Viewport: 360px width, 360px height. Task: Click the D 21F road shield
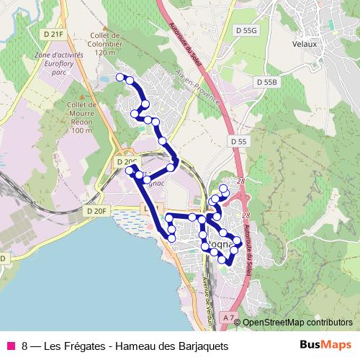point(53,34)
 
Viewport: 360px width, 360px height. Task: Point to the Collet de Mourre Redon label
point(82,117)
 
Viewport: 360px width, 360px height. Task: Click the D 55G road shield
point(246,30)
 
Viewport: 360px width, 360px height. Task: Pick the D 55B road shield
point(266,83)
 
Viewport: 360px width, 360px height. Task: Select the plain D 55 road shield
point(239,142)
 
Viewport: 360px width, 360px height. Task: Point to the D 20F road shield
point(96,211)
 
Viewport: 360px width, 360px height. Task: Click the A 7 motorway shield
point(229,318)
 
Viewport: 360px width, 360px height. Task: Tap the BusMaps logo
point(325,345)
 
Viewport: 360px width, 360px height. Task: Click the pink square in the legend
point(11,346)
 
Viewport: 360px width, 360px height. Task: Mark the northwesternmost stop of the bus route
point(120,77)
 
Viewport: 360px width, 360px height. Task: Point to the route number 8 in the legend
point(25,346)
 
